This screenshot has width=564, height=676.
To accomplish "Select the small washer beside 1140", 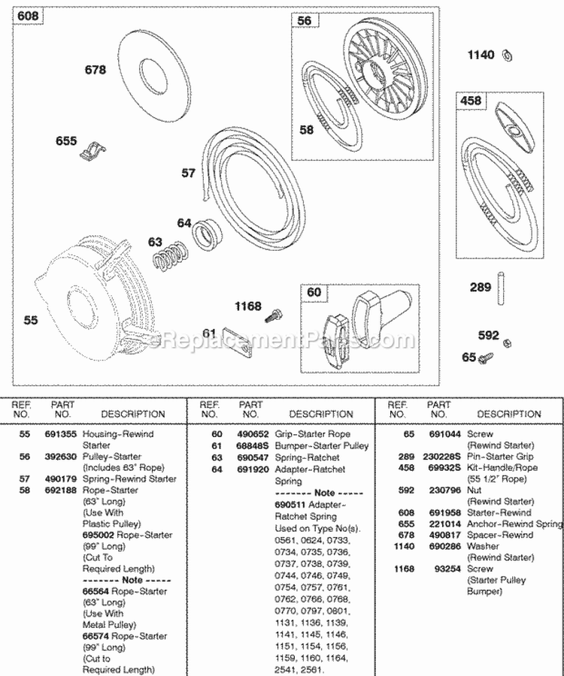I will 508,53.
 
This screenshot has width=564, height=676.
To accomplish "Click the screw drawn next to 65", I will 488,357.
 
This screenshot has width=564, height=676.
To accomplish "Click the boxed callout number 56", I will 304,21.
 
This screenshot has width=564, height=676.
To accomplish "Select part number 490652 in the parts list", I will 250,435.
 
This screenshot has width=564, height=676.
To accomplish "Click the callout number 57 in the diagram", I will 189,173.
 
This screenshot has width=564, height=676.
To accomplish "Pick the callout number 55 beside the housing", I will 30,320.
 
